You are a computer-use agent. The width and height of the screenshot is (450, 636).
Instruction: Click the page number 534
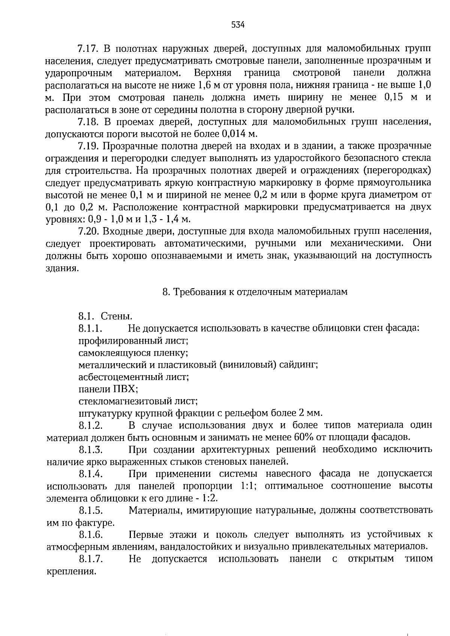click(238, 25)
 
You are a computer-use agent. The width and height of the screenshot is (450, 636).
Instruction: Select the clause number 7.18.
click(88, 122)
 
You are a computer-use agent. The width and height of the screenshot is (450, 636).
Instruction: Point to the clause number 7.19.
click(88, 146)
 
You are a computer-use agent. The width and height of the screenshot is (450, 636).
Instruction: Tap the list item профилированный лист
click(133, 341)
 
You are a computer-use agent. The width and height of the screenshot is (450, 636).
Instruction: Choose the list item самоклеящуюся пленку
click(133, 353)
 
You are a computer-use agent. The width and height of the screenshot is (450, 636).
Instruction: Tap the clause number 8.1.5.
click(91, 510)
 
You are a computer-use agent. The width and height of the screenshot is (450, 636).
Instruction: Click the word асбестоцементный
click(123, 377)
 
